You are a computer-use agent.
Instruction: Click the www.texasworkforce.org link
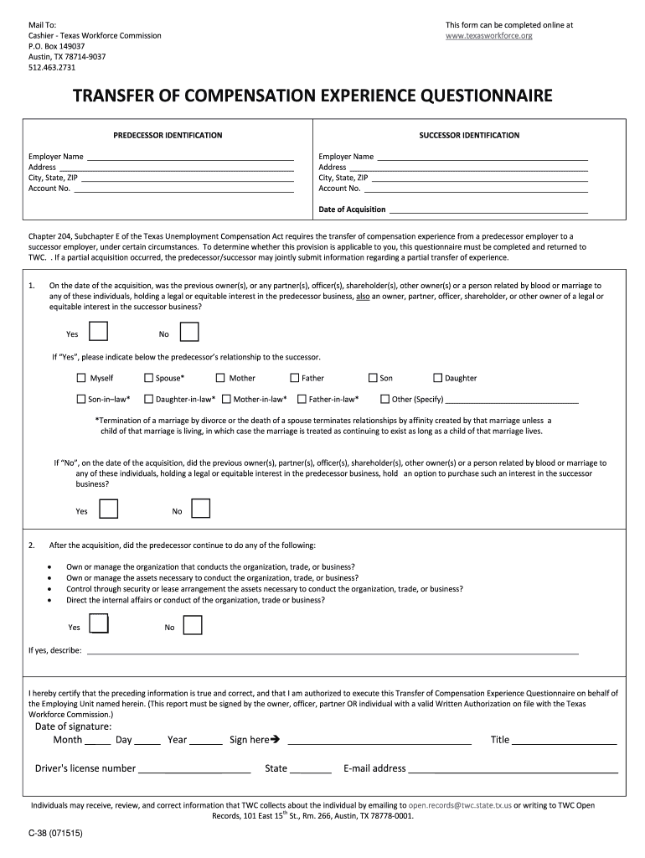point(488,36)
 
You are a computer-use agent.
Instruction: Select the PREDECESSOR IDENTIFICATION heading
point(168,135)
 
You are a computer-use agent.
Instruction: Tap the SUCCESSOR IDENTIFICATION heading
point(469,135)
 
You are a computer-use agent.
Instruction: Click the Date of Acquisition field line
point(488,209)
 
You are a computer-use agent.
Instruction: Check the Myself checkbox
point(81,378)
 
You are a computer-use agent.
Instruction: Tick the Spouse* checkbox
point(148,378)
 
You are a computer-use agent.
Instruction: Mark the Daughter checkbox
point(437,378)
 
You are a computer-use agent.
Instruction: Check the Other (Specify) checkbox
point(385,400)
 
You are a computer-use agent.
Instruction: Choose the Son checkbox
point(373,378)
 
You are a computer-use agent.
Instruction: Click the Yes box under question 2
point(99,624)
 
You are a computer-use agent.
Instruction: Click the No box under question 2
point(193,625)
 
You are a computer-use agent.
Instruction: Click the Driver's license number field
point(194,769)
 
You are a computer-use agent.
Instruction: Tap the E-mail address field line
point(513,769)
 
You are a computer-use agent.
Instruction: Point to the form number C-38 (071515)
point(55,835)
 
